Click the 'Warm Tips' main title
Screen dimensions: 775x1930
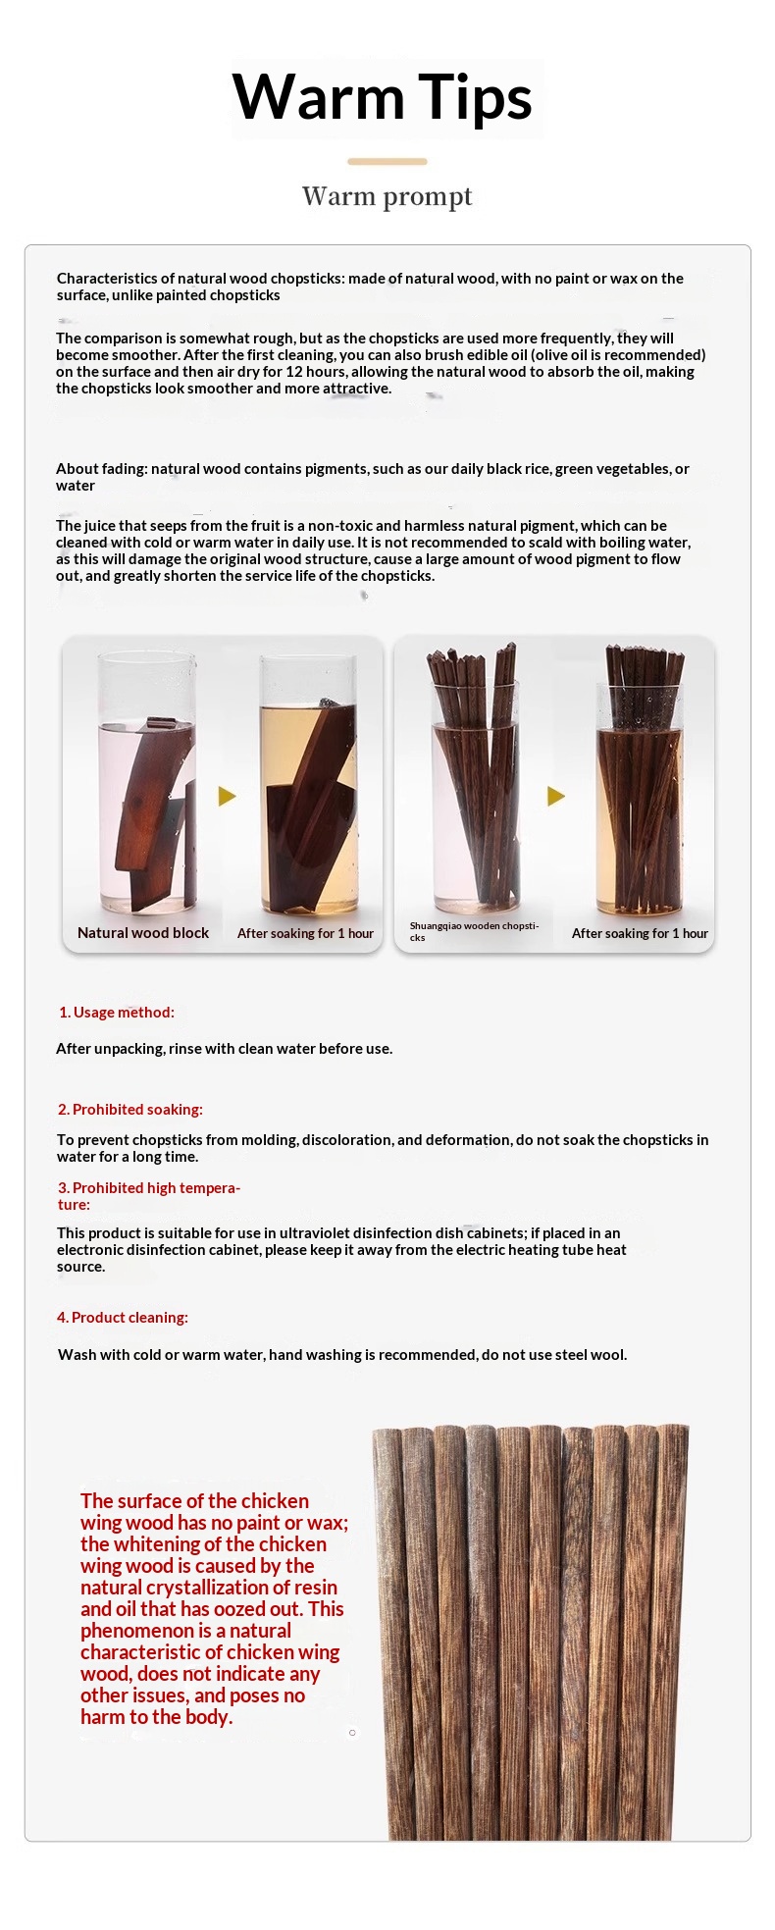383,97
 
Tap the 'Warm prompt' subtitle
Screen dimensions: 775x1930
387,196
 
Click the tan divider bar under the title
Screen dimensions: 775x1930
387,161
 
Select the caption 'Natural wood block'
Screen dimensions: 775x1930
143,933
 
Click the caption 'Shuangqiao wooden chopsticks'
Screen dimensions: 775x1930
475,931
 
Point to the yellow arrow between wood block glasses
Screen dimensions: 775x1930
228,796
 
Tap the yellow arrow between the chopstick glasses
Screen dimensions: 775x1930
556,796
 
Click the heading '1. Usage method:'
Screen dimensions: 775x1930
116,1013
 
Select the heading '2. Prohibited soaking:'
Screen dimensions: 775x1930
130,1110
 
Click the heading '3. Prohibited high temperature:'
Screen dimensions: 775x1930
149,1196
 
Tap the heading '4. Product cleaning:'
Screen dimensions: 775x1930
123,1318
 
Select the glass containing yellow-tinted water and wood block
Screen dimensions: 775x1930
308,786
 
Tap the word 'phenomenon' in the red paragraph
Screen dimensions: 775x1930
137,1631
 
